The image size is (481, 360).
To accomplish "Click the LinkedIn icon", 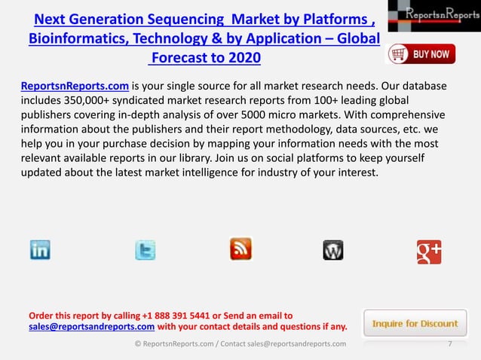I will pyautogui.click(x=40, y=250).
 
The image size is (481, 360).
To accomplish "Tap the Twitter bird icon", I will pyautogui.click(x=145, y=250).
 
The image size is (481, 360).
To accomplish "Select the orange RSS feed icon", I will pyautogui.click(x=240, y=249).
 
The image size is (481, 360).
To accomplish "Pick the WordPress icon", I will pyautogui.click(x=333, y=250).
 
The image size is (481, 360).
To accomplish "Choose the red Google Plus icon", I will pyautogui.click(x=429, y=251).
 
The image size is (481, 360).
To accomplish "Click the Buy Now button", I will pyautogui.click(x=421, y=54).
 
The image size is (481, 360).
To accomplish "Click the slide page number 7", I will pyautogui.click(x=450, y=344).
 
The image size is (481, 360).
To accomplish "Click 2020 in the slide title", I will pyautogui.click(x=245, y=58).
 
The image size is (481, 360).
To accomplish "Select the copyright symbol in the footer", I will pyautogui.click(x=138, y=344).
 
